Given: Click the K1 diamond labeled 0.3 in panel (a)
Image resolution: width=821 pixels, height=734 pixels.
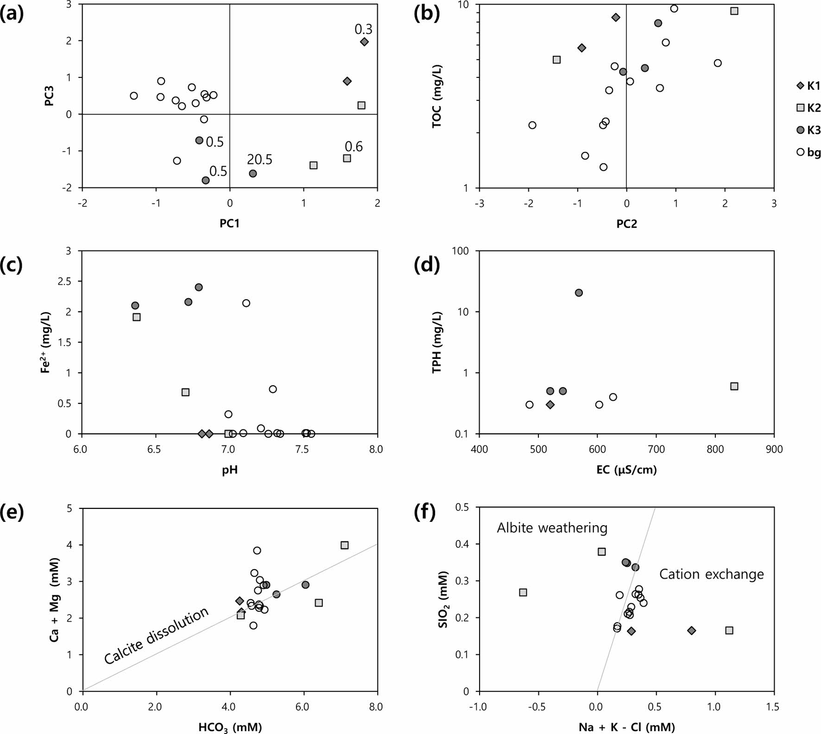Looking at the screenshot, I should click(364, 42).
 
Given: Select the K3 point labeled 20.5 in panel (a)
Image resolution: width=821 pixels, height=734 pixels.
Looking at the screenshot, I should click(253, 174).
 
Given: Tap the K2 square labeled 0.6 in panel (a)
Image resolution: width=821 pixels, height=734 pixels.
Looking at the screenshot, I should click(347, 158).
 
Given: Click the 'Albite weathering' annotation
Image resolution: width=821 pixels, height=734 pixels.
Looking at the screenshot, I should click(552, 528).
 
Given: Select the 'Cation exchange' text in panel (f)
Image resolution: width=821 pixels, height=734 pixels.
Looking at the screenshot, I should click(711, 574).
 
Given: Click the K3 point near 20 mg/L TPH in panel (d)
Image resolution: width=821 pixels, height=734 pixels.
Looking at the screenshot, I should click(579, 293).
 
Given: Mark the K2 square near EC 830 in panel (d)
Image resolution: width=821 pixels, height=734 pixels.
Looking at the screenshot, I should click(734, 386).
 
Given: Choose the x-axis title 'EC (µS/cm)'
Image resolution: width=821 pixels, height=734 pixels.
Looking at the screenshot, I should click(626, 470).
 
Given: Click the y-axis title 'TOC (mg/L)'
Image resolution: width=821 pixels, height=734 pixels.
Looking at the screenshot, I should click(436, 96).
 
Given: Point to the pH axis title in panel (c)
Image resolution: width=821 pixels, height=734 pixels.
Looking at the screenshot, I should click(230, 470).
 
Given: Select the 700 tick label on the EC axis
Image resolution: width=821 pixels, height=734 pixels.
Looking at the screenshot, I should click(657, 449).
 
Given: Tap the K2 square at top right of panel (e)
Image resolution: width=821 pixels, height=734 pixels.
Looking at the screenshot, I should click(344, 545).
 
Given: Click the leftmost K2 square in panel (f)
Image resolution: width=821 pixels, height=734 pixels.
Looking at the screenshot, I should click(523, 592).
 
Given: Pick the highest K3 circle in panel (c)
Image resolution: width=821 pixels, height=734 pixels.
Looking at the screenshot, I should click(199, 287).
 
